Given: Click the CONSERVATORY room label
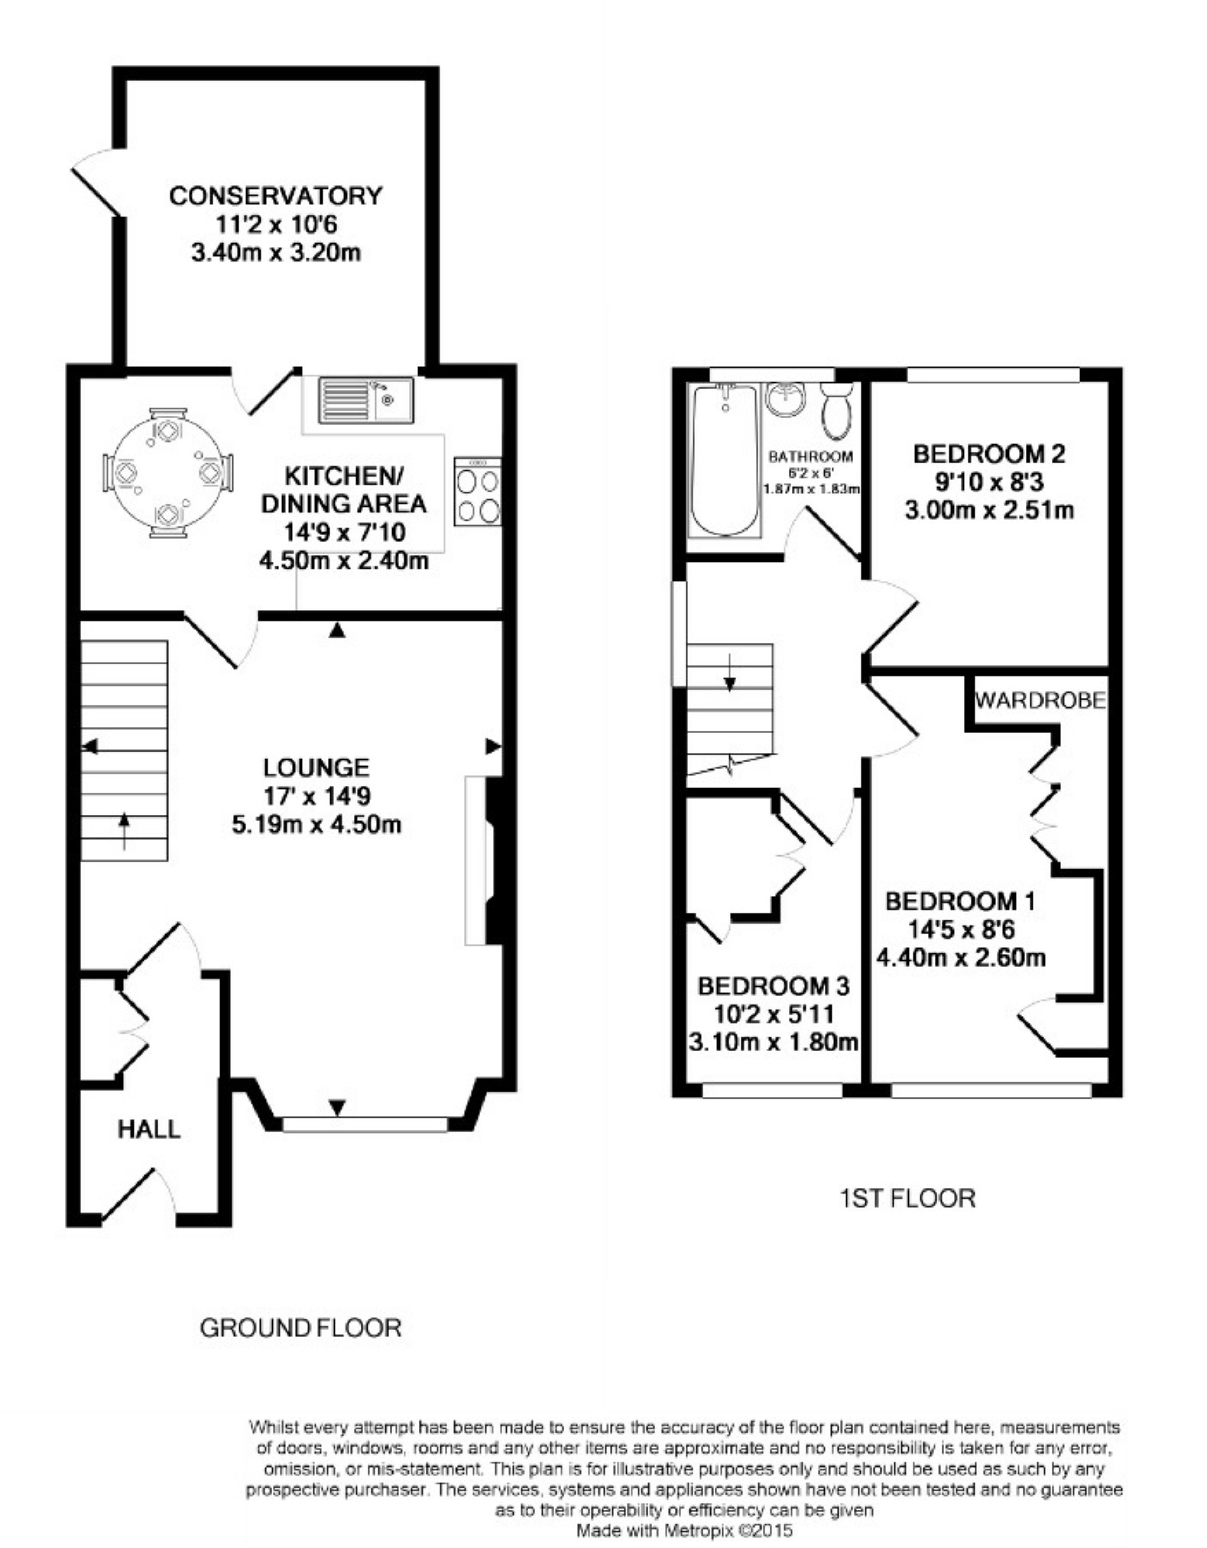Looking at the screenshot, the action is [275, 196].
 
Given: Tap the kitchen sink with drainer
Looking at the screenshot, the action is [366, 400].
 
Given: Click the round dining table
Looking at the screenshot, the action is [168, 473].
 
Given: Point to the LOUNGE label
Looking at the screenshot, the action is [316, 767].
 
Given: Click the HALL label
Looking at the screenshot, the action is [149, 1129].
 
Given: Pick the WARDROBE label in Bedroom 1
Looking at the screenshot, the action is [1040, 699].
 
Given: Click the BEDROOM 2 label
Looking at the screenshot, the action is [989, 454].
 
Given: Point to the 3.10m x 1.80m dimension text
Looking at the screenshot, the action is [773, 1042].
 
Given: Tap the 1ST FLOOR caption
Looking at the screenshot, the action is [908, 1198].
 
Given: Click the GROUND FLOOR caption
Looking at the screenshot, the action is [300, 1328].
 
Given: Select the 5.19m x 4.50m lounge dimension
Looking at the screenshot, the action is [316, 825].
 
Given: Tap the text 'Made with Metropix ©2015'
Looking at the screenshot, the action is [684, 1530].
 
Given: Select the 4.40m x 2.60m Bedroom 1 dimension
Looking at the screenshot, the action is [961, 957].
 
